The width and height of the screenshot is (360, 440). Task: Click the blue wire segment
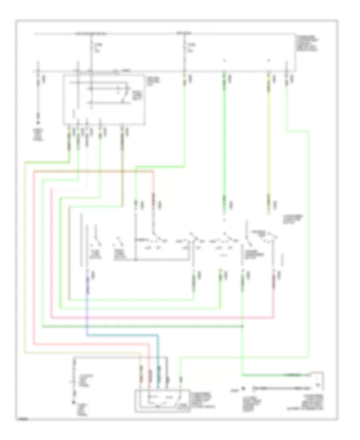pos(120,335)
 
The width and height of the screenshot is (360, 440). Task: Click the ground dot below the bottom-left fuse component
pos(74,402)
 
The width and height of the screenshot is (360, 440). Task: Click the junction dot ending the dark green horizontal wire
pos(243,326)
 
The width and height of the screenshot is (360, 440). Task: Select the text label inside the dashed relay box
pos(138,94)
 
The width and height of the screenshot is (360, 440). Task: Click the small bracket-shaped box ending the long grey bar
pos(318,380)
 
